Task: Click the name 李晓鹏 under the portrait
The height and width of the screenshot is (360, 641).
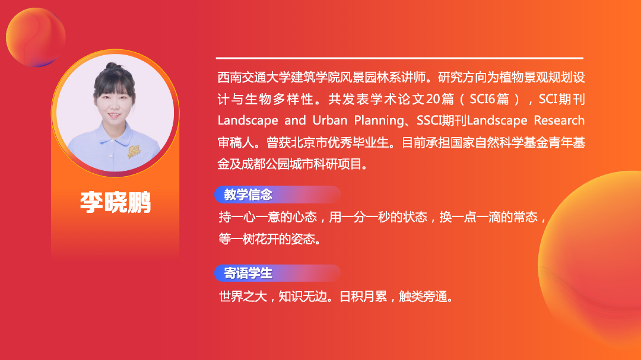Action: tap(116, 202)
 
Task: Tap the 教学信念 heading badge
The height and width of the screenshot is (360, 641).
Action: tap(277, 195)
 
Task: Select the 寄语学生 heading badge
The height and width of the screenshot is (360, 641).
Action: tap(277, 273)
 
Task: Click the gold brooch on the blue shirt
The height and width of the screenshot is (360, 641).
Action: tap(134, 151)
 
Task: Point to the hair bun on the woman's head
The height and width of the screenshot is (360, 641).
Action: tap(111, 66)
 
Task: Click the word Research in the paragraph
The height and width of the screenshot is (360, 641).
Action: tap(559, 120)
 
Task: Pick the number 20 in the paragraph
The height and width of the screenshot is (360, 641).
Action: tap(433, 99)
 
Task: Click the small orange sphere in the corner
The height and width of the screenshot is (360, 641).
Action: tap(36, 37)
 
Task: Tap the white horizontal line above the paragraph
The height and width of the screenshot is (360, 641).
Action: tap(399, 58)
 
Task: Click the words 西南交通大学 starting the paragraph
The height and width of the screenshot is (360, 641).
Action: tap(254, 77)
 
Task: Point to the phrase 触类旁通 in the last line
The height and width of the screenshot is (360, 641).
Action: tap(423, 297)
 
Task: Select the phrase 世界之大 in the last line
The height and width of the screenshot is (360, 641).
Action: tap(243, 297)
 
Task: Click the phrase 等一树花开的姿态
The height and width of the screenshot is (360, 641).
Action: tap(267, 239)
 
